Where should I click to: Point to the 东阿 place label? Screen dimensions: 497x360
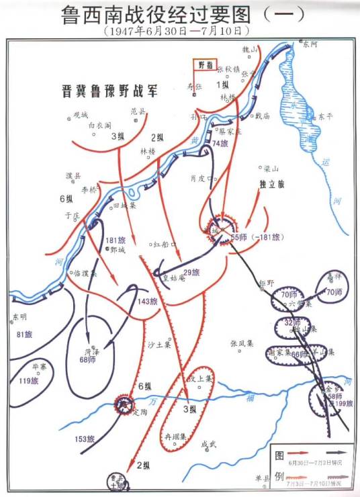point(310,46)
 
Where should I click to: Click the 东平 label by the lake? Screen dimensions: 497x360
point(326,116)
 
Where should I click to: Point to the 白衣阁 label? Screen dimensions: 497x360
point(99,124)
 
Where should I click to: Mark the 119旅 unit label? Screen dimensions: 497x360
point(28,381)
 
